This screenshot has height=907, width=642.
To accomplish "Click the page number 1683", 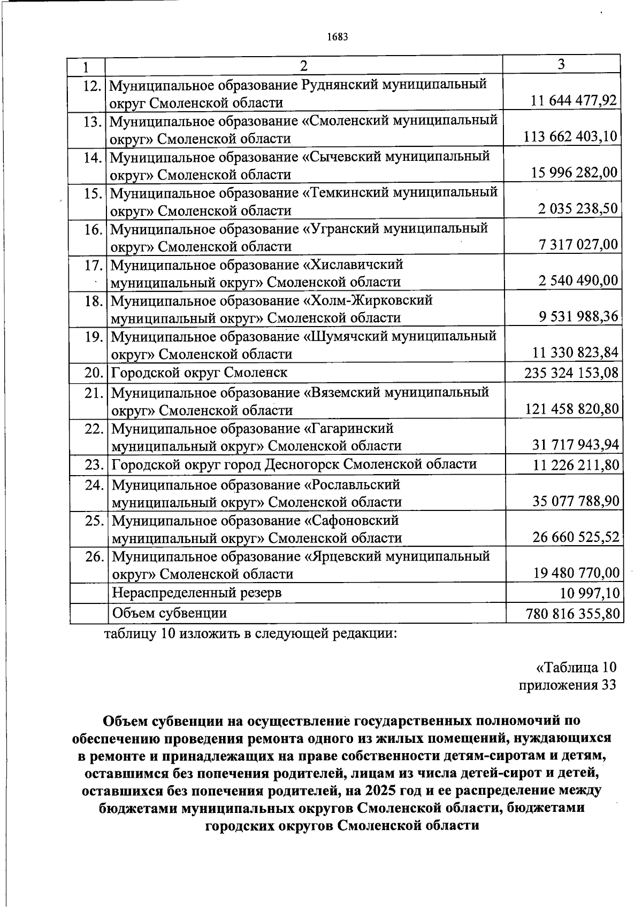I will point(337,37).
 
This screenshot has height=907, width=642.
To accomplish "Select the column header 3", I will point(561,65).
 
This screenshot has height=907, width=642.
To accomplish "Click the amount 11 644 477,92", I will point(574,100).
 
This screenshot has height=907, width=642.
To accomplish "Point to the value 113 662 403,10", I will point(571,137).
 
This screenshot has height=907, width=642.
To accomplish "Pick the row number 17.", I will point(93,265).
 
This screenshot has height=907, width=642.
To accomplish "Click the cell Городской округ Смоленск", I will point(199,373).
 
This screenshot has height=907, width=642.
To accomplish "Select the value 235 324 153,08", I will point(571,373).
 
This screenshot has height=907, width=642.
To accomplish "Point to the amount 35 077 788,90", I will point(575,501).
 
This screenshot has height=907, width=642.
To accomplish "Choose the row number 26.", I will point(94,556).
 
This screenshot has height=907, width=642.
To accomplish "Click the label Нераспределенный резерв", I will point(196,593).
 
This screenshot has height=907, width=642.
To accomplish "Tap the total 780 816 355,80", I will point(571,614).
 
